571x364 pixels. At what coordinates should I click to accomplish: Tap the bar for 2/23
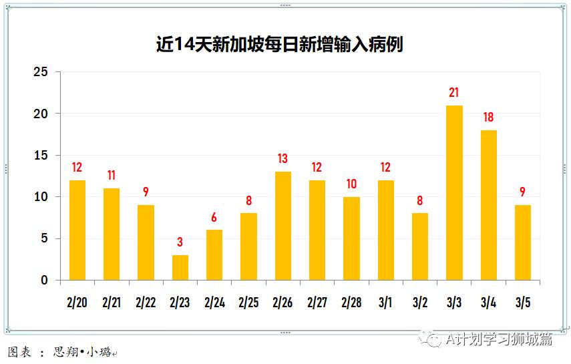tap(180, 267)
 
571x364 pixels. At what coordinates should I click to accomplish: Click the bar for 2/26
tap(283, 226)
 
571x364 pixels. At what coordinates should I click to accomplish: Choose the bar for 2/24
tap(214, 255)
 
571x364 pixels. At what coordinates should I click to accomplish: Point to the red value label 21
tap(454, 93)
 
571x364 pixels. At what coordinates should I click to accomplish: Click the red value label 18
tap(489, 118)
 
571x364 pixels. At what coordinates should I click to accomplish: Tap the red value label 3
tap(180, 242)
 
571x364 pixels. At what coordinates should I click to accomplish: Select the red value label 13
tap(283, 159)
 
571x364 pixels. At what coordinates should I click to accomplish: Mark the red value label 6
tap(214, 218)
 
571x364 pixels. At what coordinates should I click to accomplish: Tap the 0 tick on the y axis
tap(45, 281)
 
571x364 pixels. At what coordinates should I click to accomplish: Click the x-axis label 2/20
tap(77, 303)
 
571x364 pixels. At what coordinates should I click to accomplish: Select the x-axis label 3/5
tap(523, 303)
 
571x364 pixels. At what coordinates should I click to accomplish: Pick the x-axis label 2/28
tap(351, 303)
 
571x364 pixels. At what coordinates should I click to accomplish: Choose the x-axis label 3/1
tap(385, 303)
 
